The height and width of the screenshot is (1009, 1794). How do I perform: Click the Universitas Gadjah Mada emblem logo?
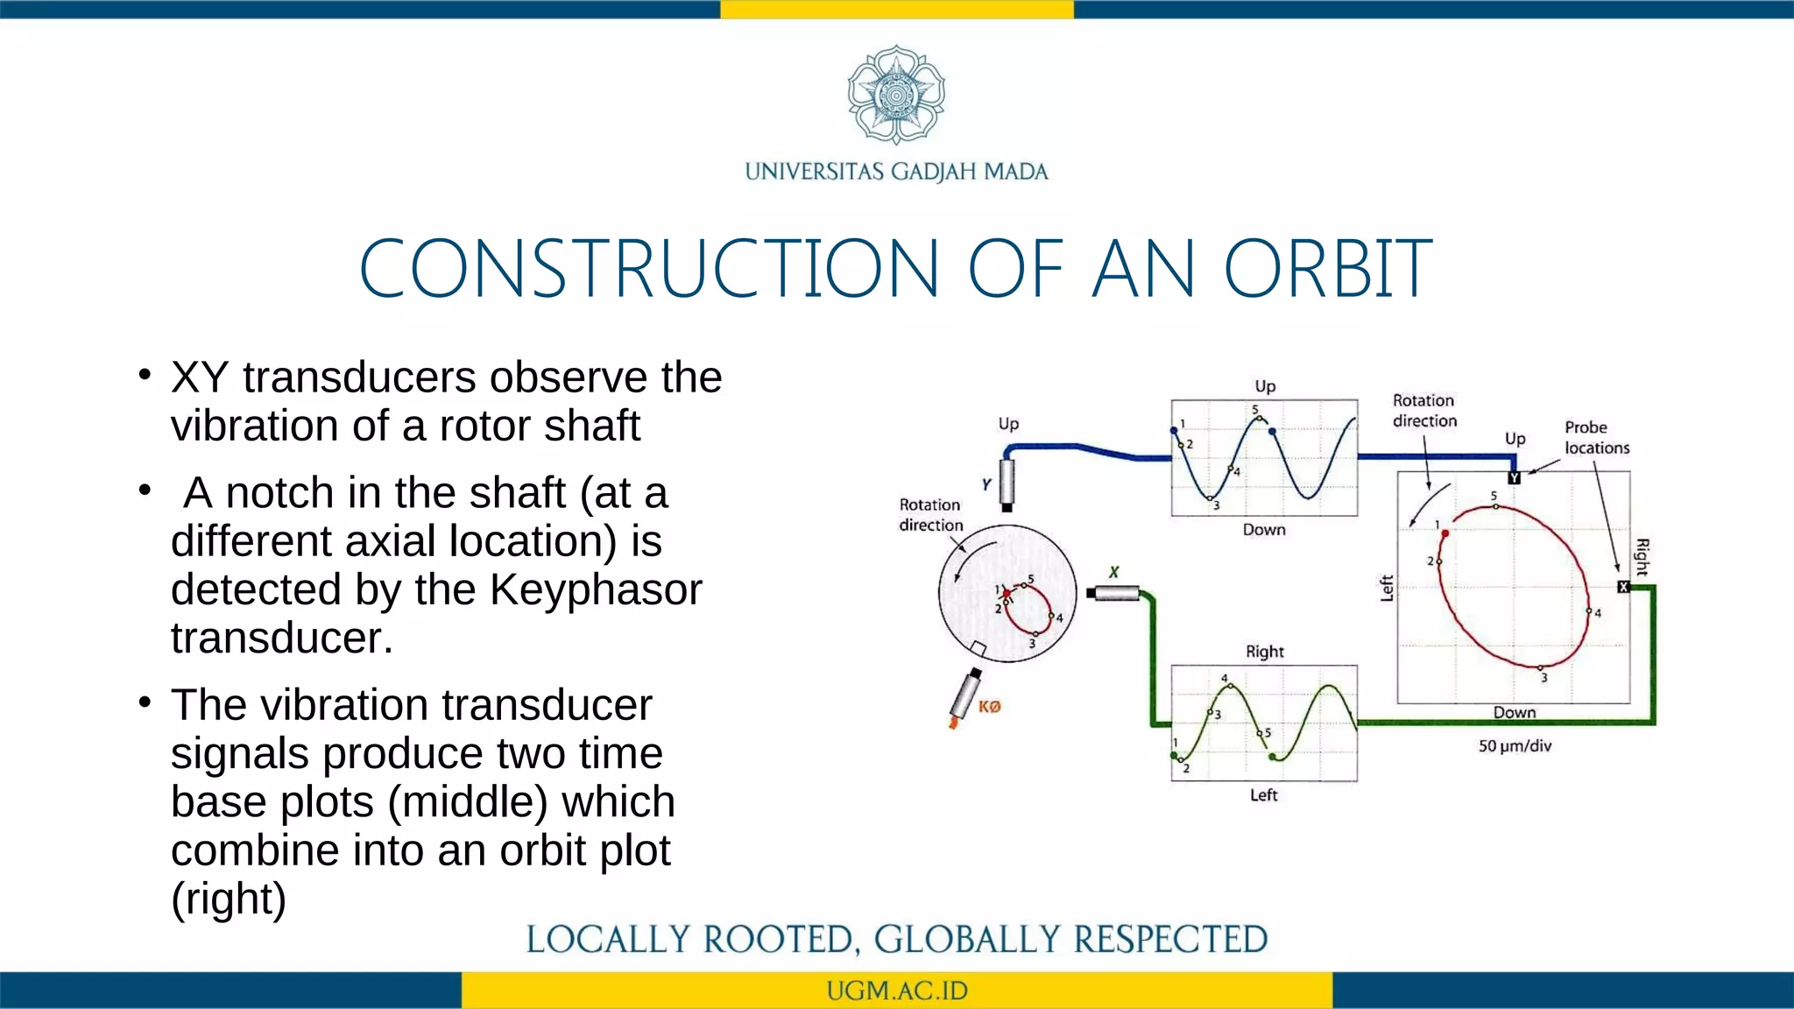896,95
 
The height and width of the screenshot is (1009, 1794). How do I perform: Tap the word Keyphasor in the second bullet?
596,589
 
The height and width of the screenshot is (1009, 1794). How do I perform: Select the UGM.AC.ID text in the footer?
896,991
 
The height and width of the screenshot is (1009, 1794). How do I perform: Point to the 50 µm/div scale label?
1515,746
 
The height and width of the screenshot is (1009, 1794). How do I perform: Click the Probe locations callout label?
1596,437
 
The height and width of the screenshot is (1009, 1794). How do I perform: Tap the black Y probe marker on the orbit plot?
1514,478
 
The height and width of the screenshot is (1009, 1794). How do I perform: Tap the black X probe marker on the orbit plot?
1623,587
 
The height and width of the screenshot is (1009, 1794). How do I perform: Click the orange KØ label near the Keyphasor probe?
990,707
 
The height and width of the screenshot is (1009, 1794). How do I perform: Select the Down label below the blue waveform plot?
1264,530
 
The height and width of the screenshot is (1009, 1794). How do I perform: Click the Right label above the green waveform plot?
1264,652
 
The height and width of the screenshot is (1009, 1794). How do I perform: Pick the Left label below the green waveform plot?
1263,795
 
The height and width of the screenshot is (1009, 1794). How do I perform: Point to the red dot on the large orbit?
1444,533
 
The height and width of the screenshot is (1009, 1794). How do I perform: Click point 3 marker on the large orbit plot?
1540,668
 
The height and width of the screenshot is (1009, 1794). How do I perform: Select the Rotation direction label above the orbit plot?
1424,411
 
